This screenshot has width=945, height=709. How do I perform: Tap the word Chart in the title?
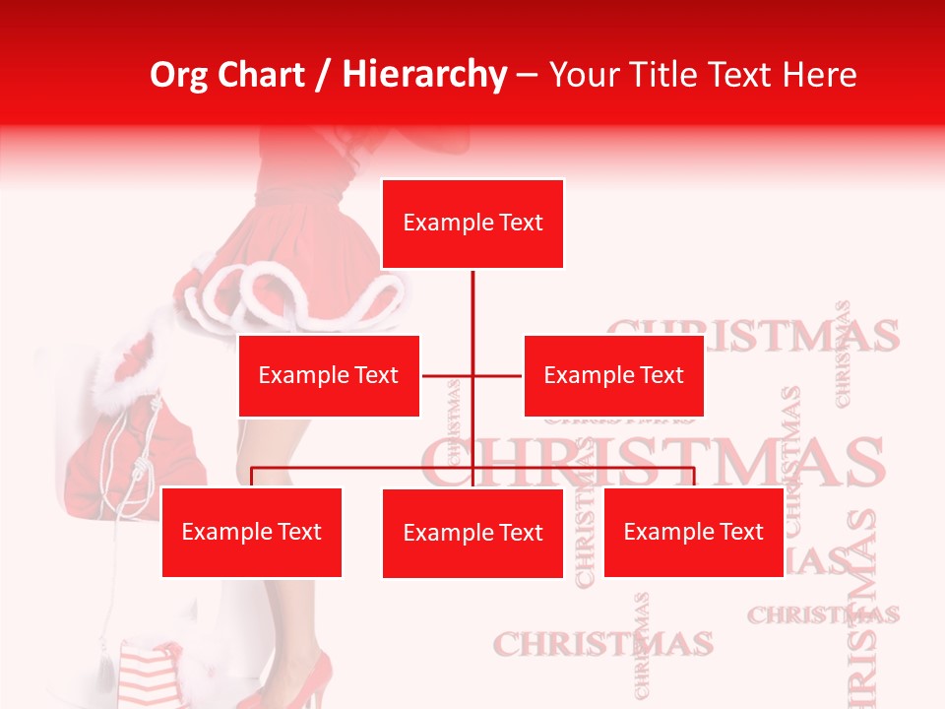click(260, 75)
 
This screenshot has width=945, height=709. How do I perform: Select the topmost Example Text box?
click(472, 224)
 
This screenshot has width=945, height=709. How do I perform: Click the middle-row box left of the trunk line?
click(329, 375)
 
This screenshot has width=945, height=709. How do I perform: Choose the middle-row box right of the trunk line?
click(613, 375)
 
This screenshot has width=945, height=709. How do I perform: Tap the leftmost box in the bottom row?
click(251, 532)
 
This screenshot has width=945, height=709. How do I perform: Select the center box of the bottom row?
click(472, 533)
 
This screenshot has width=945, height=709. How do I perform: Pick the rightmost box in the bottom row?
click(693, 532)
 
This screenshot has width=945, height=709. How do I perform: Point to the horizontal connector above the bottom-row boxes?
click(364, 468)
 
